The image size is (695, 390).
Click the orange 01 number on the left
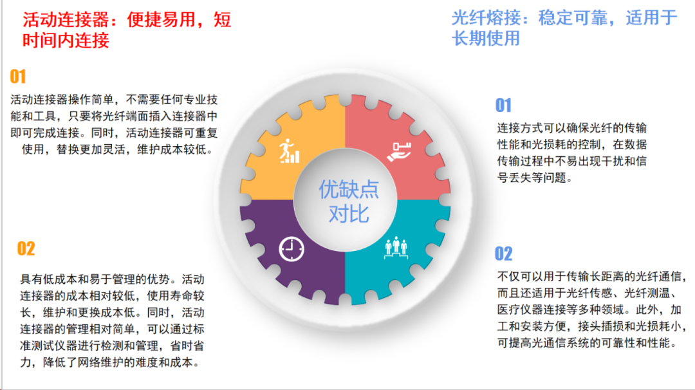[x=18, y=77]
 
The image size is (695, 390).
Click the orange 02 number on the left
[x=26, y=248]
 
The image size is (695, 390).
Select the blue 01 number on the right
[x=503, y=106]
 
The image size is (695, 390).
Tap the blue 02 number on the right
[x=503, y=254]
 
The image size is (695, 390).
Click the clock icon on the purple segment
[x=292, y=249]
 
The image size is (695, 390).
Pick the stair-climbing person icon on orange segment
[x=290, y=151]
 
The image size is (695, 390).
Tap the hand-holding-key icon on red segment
[x=400, y=152]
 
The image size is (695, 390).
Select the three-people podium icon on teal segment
[x=396, y=247]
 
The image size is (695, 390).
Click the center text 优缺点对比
[x=349, y=201]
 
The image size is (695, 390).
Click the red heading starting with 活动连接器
[x=127, y=30]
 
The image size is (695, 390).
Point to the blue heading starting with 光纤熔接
[x=564, y=28]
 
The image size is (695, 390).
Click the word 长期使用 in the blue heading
[x=486, y=38]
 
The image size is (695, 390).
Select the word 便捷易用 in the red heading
[x=162, y=20]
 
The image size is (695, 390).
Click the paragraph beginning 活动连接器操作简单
[x=115, y=125]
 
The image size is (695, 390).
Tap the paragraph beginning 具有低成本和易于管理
[x=112, y=321]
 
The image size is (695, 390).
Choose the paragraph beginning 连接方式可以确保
[x=572, y=153]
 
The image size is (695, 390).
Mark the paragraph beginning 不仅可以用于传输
[x=591, y=310]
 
